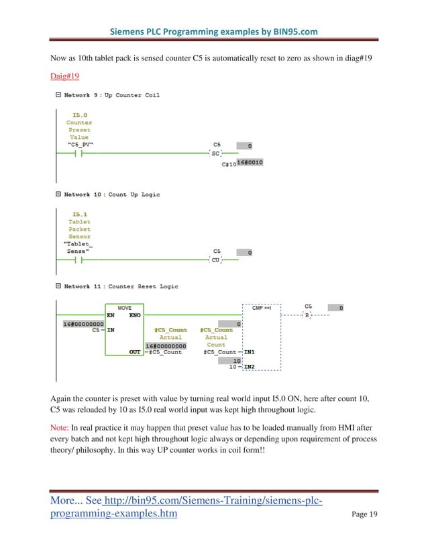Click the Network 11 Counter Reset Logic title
[121, 286]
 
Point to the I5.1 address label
[81, 215]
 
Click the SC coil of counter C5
[216, 154]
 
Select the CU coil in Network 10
[216, 260]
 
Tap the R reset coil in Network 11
[308, 315]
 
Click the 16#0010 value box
[250, 163]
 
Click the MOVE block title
[125, 308]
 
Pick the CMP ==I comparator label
[261, 308]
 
